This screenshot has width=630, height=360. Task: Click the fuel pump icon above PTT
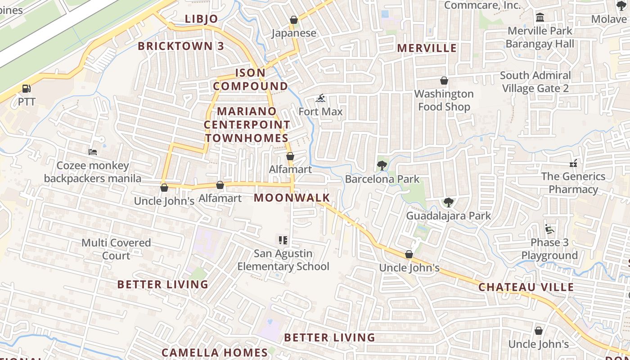pyautogui.click(x=27, y=89)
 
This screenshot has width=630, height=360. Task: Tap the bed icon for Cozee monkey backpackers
pyautogui.click(x=93, y=152)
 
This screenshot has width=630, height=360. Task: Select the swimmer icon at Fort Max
pyautogui.click(x=320, y=98)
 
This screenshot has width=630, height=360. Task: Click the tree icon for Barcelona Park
pyautogui.click(x=382, y=166)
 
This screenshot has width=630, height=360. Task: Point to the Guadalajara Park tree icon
pyautogui.click(x=448, y=202)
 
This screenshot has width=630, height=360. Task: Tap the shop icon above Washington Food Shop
pyautogui.click(x=444, y=81)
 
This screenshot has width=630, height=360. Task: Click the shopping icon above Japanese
pyautogui.click(x=294, y=20)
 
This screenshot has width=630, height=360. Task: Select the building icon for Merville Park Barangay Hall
pyautogui.click(x=540, y=18)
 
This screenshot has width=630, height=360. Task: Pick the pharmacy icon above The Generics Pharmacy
pyautogui.click(x=573, y=163)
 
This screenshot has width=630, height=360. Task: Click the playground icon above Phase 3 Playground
pyautogui.click(x=549, y=229)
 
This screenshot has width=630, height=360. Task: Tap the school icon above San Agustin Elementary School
pyautogui.click(x=283, y=240)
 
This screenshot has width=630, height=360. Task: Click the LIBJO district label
pyautogui.click(x=202, y=19)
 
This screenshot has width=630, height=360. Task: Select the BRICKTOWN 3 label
pyautogui.click(x=181, y=46)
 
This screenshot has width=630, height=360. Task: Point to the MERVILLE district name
pyautogui.click(x=427, y=48)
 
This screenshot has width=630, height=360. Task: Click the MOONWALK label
pyautogui.click(x=292, y=198)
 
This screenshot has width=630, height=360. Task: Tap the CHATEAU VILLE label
pyautogui.click(x=526, y=287)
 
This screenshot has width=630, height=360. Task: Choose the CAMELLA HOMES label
pyautogui.click(x=215, y=352)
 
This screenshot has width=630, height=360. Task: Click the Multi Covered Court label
pyautogui.click(x=116, y=249)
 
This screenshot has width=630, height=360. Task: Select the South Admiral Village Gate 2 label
pyautogui.click(x=535, y=81)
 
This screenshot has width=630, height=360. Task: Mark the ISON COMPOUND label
pyautogui.click(x=250, y=79)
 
